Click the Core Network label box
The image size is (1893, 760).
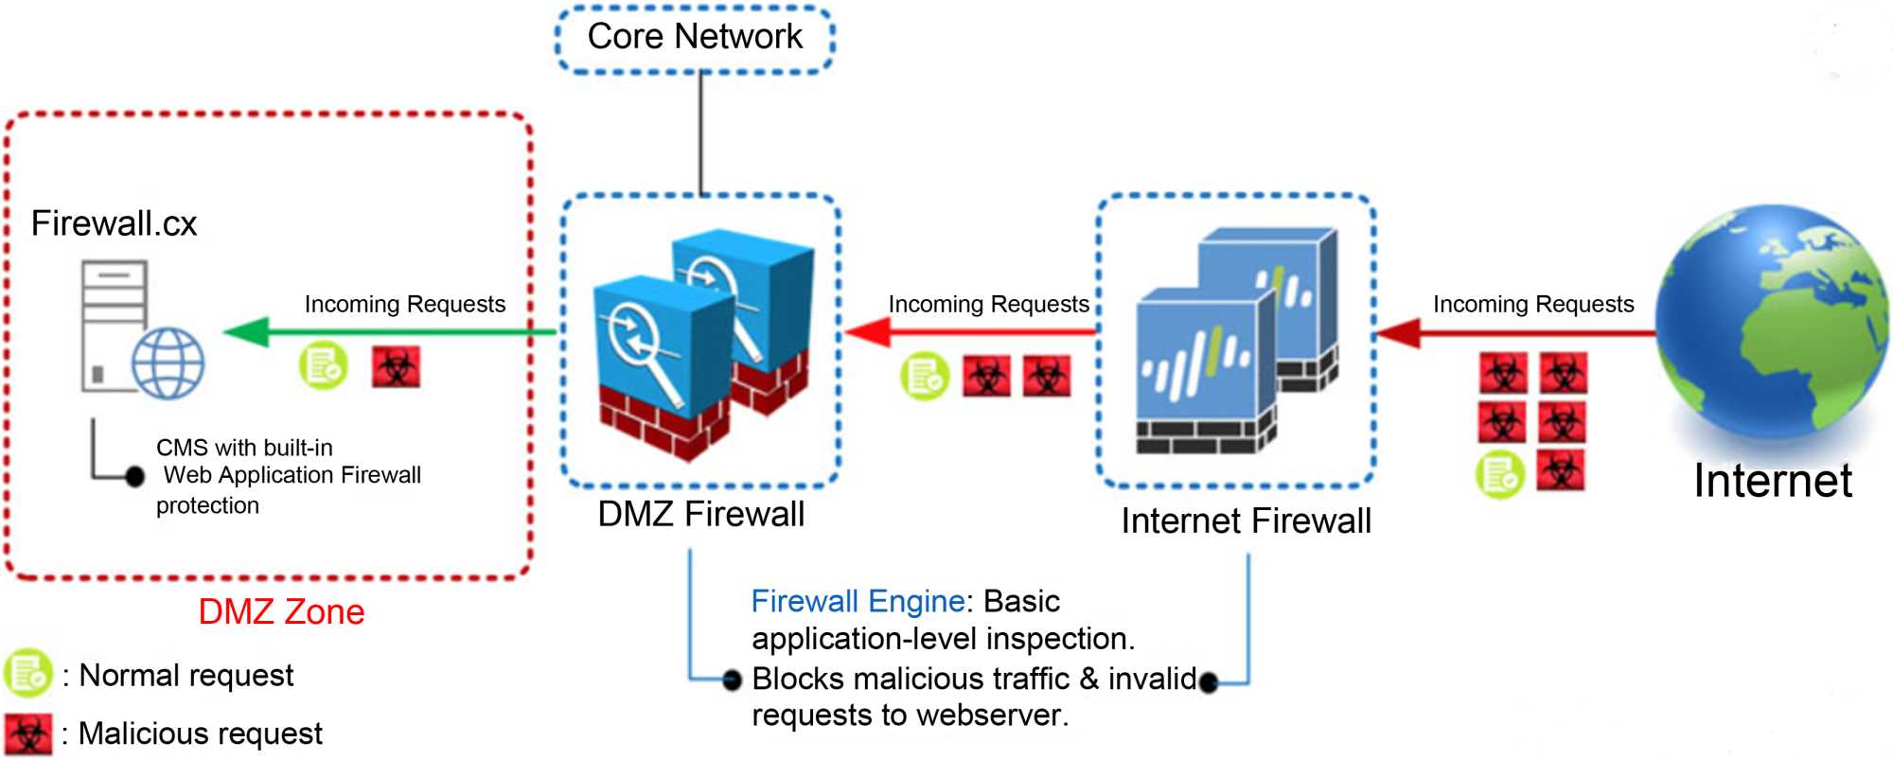695,38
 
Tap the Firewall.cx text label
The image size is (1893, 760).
114,224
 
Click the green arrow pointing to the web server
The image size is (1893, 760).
388,332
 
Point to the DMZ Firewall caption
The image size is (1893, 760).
700,515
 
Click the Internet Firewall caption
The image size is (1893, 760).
1246,521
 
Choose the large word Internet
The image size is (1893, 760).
1772,481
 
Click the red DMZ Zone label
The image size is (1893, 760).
281,612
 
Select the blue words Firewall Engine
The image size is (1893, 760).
858,602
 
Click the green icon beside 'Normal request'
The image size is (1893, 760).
27,673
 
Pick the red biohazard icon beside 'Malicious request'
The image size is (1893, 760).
27,734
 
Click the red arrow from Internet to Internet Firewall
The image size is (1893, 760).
1514,333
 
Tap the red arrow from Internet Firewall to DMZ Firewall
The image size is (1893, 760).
970,332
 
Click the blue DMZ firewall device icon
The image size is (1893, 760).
700,341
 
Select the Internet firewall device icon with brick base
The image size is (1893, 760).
1235,341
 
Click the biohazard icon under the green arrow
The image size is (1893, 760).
396,367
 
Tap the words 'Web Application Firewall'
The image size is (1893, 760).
292,475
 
